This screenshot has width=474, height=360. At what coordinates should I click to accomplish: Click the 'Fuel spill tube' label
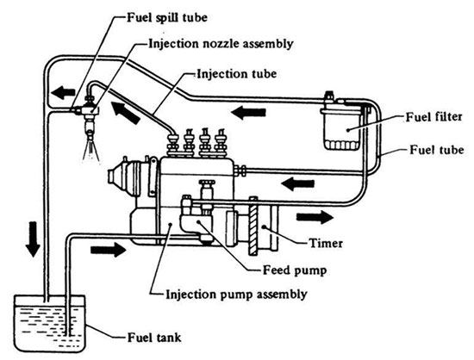[167, 17]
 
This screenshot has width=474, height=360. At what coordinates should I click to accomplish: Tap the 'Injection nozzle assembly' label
[221, 44]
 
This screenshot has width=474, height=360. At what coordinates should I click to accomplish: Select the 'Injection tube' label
[237, 74]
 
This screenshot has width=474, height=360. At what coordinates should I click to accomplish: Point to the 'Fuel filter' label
[434, 116]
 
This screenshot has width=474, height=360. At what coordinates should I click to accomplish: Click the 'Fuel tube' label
[437, 150]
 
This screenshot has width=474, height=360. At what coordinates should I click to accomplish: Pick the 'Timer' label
[326, 243]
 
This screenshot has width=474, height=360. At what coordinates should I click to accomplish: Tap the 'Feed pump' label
[295, 270]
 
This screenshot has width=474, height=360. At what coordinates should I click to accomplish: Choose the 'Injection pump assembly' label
[236, 295]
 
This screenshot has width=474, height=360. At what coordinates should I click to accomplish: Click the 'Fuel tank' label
[154, 338]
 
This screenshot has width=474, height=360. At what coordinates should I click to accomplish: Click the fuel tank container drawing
[50, 323]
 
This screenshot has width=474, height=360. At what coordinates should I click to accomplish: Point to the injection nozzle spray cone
[91, 150]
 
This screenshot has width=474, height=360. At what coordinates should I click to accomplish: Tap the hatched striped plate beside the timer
[253, 226]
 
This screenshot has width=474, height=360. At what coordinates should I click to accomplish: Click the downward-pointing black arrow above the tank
[33, 239]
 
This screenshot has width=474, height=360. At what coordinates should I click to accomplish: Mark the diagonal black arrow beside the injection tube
[125, 112]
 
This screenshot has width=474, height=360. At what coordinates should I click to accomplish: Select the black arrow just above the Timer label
[315, 217]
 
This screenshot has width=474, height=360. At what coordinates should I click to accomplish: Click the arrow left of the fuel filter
[248, 113]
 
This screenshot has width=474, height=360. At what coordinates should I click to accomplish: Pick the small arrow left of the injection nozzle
[63, 92]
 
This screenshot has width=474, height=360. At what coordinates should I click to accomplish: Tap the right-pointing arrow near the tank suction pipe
[109, 250]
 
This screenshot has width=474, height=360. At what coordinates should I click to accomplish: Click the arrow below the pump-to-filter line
[298, 183]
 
